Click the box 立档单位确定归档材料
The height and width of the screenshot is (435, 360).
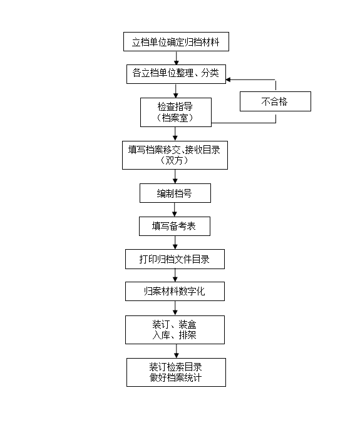176,41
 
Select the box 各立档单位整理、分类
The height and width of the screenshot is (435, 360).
176,74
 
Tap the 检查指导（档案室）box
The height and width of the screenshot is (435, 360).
176,113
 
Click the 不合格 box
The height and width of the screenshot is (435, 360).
275,101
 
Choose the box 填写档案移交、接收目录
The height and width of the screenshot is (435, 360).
175,155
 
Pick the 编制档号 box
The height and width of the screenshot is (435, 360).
175,193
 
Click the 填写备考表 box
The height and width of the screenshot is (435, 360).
175,227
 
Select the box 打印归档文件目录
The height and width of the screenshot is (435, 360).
175,259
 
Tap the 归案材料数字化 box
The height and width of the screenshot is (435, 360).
175,291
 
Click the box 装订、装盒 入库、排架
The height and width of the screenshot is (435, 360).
175,330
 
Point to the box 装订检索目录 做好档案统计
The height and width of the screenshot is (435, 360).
176,372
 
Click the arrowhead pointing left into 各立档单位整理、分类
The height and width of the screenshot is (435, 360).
228,80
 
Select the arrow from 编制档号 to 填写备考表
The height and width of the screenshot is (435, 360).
175,210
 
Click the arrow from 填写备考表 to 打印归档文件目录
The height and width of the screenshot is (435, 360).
175,243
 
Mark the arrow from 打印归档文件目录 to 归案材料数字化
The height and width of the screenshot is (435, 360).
175,275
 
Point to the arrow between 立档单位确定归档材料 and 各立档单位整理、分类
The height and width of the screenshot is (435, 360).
177,58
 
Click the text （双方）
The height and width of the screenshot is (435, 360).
175,161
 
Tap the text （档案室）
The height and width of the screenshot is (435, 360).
175,118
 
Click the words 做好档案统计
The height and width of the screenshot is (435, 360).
175,377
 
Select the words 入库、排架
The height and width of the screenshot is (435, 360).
174,335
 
